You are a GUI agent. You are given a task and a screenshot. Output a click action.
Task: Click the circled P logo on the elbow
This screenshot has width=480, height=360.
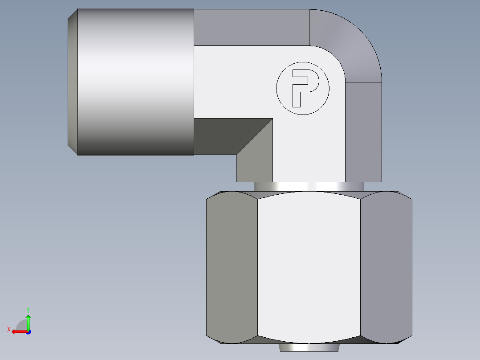303,88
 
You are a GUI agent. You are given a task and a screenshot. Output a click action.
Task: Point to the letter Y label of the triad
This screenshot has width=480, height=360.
28,309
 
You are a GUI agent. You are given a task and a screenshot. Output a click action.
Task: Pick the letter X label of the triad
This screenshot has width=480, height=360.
8,329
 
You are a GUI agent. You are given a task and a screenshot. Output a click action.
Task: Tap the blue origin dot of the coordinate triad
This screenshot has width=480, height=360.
28,331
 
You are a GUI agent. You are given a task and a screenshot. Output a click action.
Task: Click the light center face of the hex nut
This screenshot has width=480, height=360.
309,267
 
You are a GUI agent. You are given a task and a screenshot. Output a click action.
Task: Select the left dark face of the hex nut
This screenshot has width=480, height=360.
232,267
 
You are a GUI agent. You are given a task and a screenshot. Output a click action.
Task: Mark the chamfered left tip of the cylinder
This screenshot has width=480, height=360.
72,82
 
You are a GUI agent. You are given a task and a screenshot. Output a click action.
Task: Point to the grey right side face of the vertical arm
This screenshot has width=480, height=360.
363,132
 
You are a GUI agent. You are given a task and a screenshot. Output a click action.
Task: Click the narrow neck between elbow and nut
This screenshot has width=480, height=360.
309,187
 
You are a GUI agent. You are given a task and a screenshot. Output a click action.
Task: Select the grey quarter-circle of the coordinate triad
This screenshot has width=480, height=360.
22,326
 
